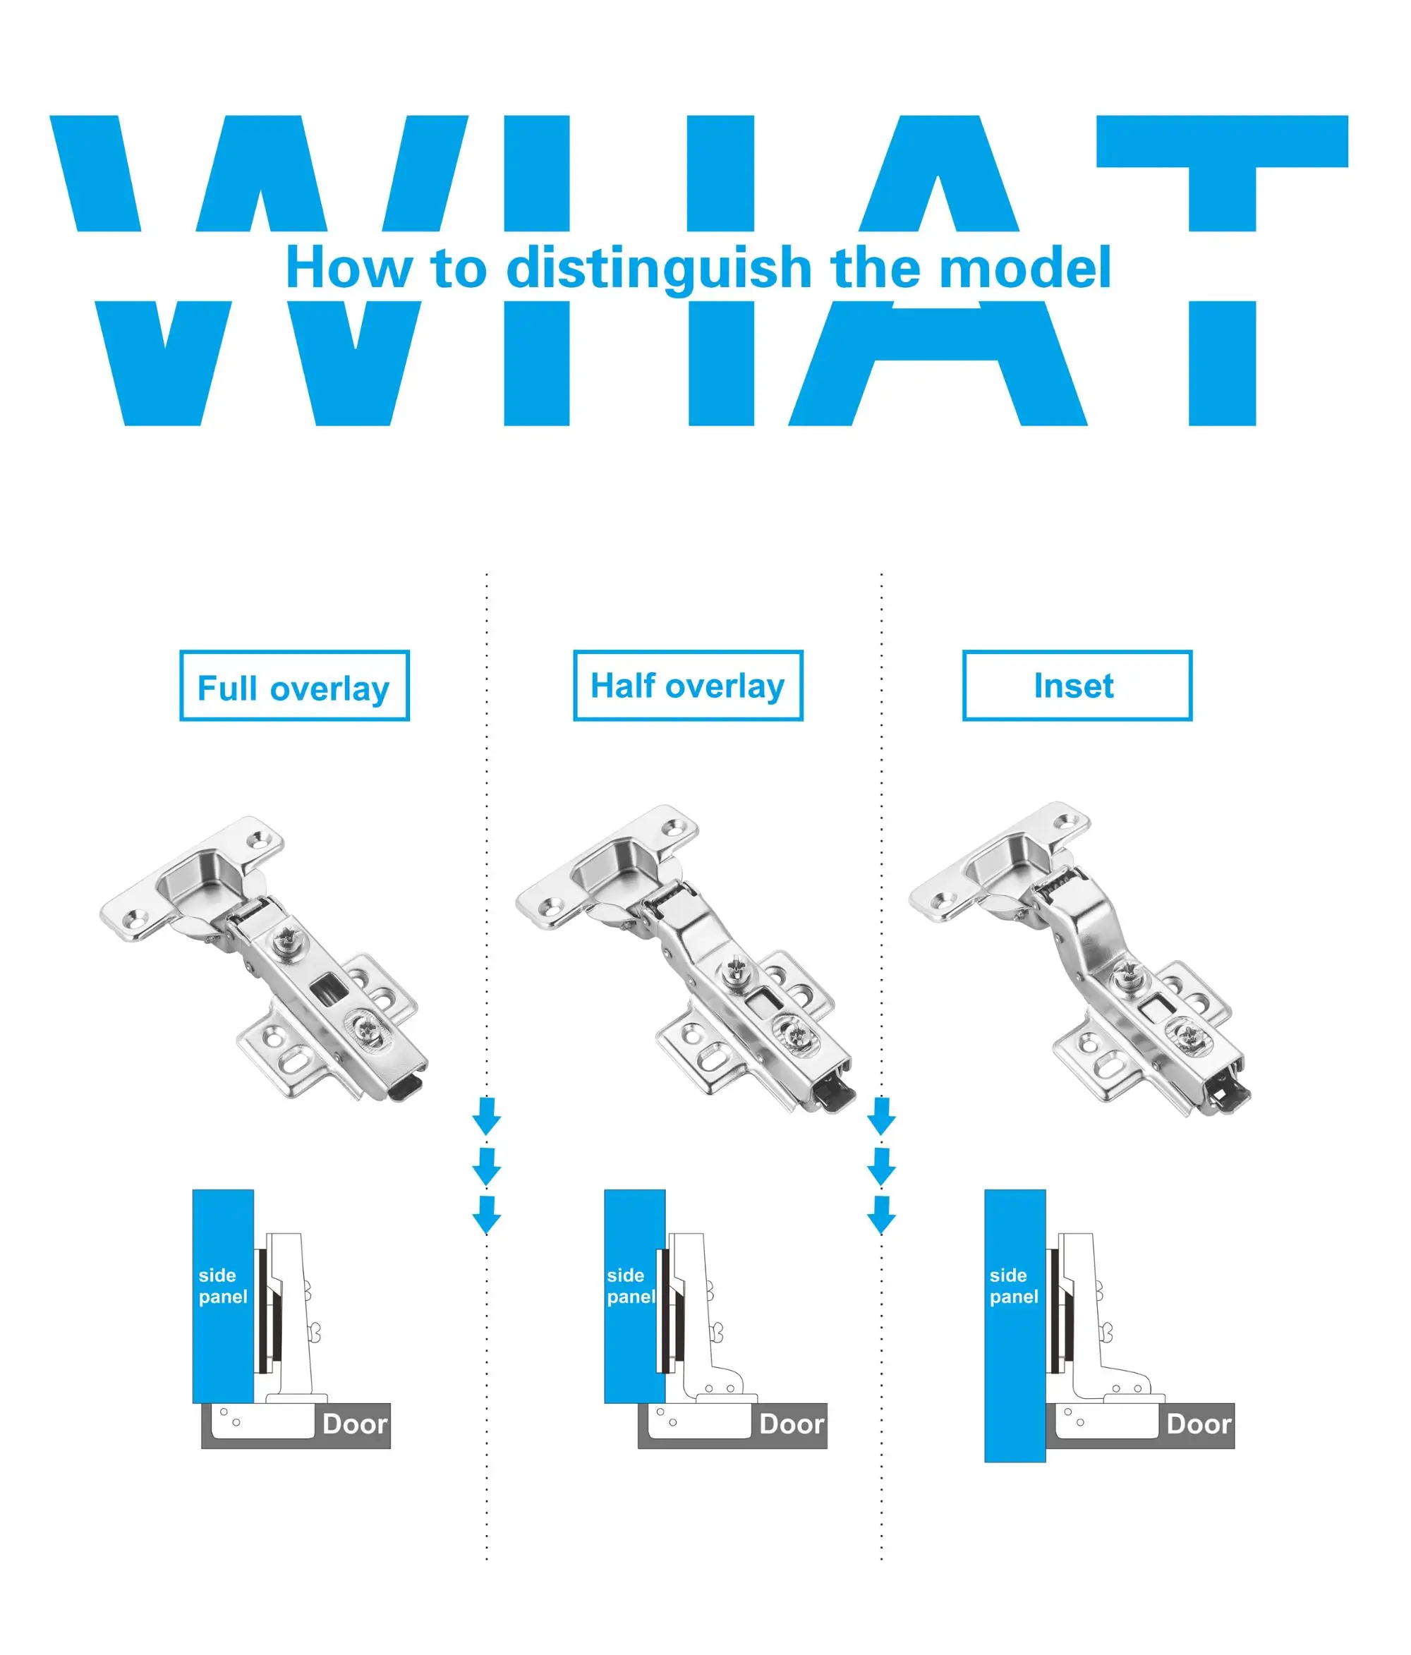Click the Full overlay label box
(294, 685)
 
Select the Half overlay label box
(688, 685)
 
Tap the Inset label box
(1077, 685)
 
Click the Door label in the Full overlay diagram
(355, 1424)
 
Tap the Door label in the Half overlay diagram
(791, 1424)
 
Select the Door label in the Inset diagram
(1199, 1424)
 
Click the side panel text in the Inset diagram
(1014, 1286)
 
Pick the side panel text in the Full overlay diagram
(223, 1286)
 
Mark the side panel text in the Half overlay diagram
(631, 1286)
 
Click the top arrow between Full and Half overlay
(487, 1116)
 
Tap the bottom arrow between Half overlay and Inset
(881, 1215)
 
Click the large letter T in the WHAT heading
(1223, 270)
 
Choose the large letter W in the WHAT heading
(259, 270)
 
